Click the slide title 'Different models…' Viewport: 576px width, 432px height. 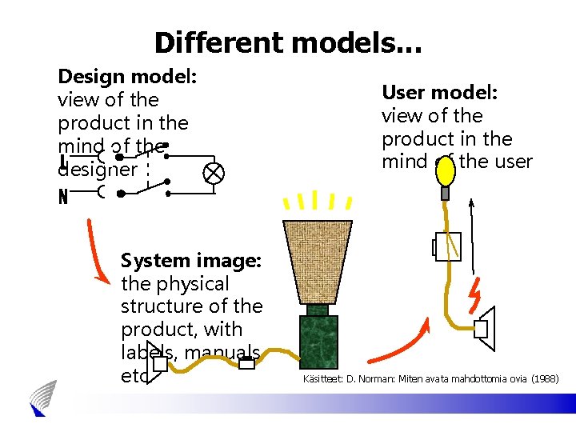pos(288,42)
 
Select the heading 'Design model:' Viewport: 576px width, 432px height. pos(127,77)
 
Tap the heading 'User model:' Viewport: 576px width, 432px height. pos(439,93)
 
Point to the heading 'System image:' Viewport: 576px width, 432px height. pos(190,261)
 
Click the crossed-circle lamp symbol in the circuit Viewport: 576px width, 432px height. pos(214,173)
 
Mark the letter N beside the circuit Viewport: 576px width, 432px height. pos(63,197)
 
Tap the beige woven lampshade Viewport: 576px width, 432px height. pos(318,261)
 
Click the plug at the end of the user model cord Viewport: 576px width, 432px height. pos(483,328)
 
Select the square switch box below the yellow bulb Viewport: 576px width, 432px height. pos(447,247)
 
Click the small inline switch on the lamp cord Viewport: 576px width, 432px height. pos(247,364)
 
